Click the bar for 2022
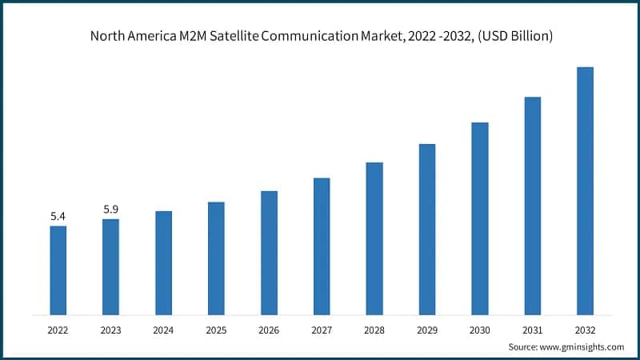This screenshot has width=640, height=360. pos(58,270)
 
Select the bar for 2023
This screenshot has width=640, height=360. pos(110,266)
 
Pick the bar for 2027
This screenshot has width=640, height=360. pos(322,246)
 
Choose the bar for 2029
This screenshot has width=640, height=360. pos(427,229)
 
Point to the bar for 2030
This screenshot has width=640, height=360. pos(480,218)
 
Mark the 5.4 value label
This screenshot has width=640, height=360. pos(58,216)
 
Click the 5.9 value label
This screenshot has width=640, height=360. pos(110,210)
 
